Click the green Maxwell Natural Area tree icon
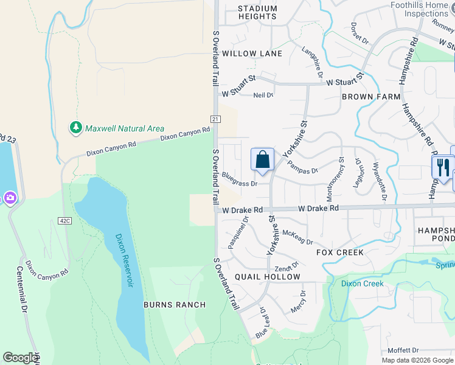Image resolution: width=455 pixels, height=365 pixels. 76,128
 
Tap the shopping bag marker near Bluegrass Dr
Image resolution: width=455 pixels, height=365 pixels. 262,160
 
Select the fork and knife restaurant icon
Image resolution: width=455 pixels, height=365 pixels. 442,166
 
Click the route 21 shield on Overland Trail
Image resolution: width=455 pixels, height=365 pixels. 216,119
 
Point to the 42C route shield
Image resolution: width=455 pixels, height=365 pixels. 65,220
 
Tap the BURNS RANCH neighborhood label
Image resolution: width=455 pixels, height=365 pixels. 175,304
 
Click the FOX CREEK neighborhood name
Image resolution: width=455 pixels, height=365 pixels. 340,252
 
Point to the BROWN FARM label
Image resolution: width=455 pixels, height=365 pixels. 371,97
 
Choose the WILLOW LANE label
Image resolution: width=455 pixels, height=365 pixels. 252,54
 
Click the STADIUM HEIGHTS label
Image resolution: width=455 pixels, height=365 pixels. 257,12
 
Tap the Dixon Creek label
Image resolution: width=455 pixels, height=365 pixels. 362,283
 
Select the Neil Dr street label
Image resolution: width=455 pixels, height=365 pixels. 263,95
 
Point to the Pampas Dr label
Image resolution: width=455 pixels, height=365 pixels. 302,167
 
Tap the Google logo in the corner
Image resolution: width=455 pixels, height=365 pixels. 21,358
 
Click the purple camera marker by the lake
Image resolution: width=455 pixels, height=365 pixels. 10,198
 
